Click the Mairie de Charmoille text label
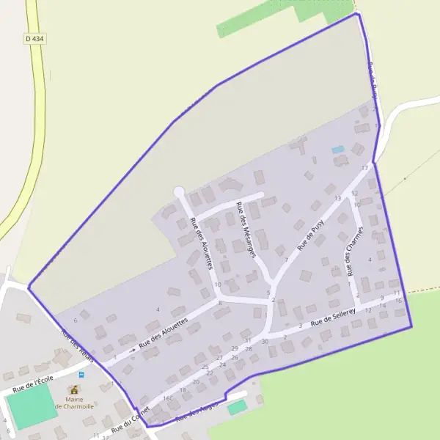(74, 403)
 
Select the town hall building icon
(74, 389)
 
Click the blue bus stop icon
(81, 374)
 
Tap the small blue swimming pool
(337, 150)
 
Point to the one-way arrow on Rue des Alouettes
(132, 350)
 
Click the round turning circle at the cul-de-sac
(178, 192)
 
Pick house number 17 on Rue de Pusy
(364, 168)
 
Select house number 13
(337, 198)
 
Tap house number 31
(248, 340)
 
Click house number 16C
(168, 398)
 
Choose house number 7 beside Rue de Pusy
(286, 260)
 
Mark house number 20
(195, 381)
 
